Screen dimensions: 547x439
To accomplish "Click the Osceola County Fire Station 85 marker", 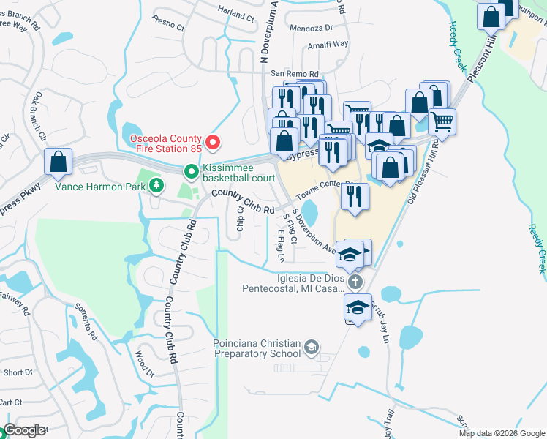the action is click(213, 141).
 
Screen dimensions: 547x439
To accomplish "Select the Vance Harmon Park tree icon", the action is click(156, 186).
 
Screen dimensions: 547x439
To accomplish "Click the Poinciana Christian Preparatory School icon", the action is click(312, 347).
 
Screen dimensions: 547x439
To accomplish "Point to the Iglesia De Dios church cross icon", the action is click(355, 282).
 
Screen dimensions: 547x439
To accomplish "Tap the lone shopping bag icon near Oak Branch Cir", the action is click(58, 162).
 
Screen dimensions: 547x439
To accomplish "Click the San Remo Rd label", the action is click(295, 74).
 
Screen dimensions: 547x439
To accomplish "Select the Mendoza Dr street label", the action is click(311, 28).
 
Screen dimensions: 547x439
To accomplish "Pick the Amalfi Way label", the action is click(328, 44).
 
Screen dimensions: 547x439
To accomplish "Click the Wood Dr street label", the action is click(146, 363).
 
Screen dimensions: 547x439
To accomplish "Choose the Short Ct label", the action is click(12, 372).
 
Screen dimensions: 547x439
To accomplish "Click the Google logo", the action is click(24, 430).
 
